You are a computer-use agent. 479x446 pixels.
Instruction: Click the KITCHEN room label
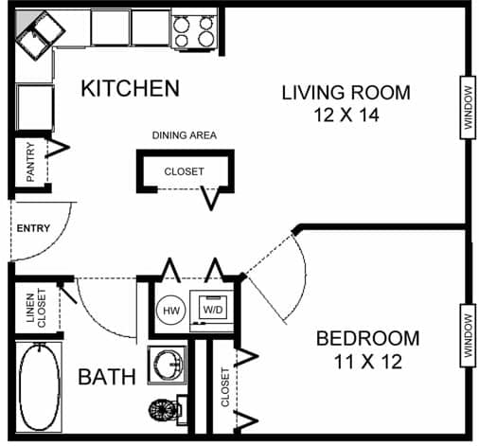[x=130, y=89]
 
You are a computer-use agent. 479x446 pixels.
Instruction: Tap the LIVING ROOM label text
[x=346, y=93]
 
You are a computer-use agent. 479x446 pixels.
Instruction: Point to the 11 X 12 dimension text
[x=367, y=361]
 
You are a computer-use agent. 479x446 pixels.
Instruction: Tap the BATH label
[x=106, y=378]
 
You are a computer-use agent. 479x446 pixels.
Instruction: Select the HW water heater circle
[x=171, y=310]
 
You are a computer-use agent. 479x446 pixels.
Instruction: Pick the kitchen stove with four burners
[x=194, y=31]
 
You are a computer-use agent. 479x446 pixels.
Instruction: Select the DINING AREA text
[x=184, y=135]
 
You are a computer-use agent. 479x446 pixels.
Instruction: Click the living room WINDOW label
[x=468, y=107]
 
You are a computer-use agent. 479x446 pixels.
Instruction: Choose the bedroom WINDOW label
[x=468, y=334]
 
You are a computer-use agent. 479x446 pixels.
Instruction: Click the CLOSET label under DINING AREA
[x=184, y=172]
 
